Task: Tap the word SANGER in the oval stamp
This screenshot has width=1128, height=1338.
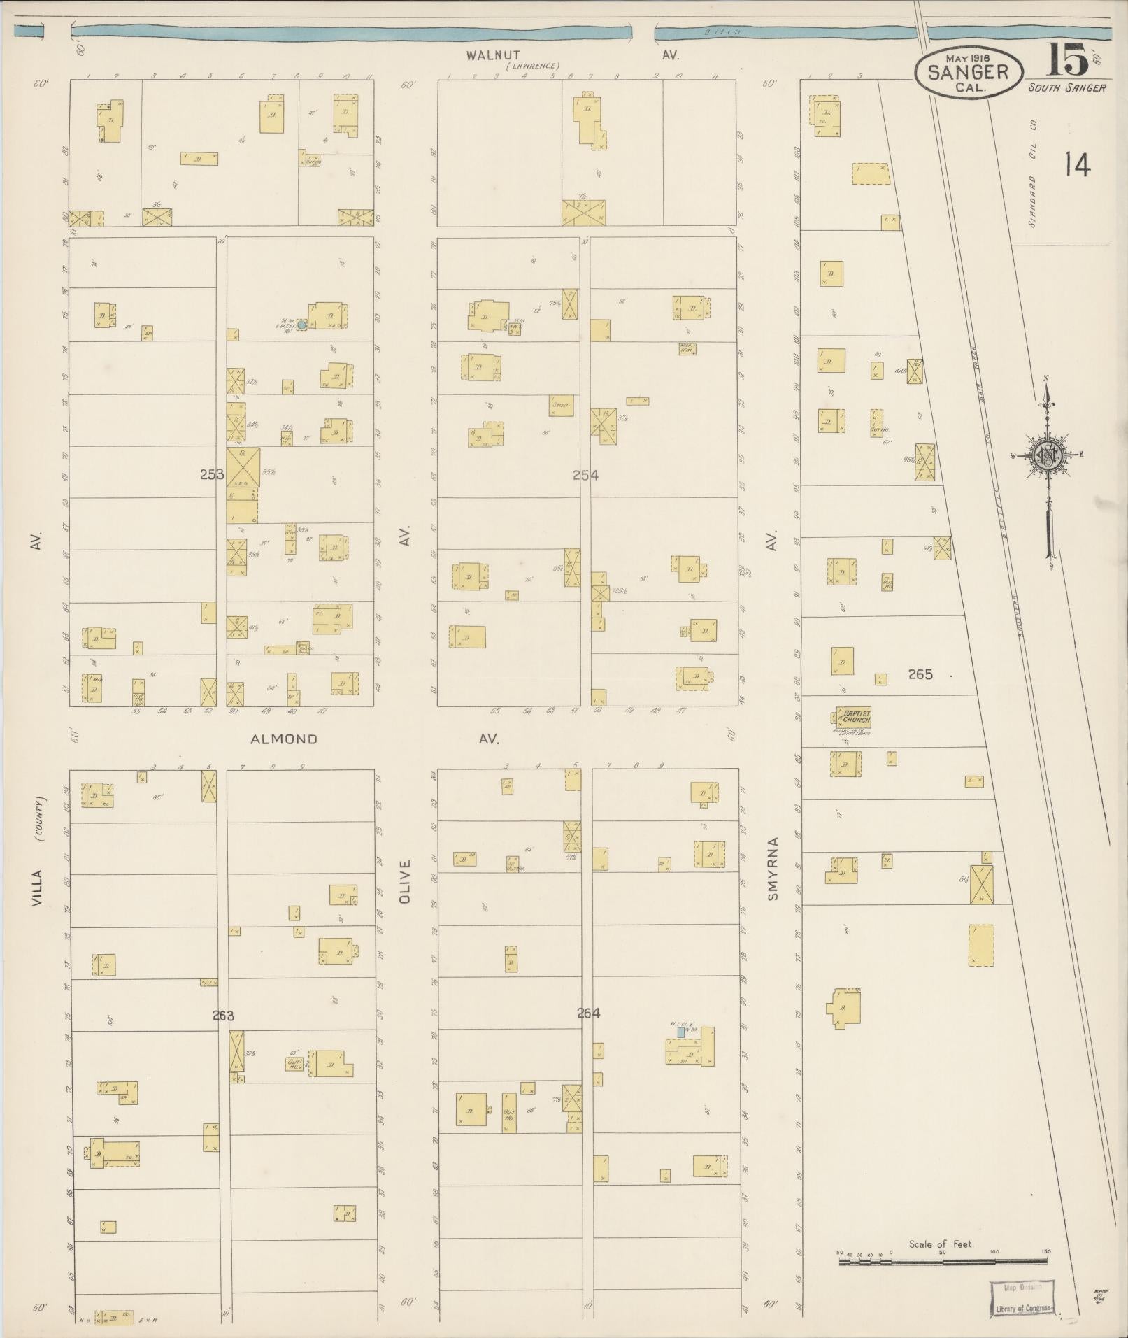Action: point(968,71)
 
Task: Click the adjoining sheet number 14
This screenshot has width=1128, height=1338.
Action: point(1078,166)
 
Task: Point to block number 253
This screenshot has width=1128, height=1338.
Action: point(212,474)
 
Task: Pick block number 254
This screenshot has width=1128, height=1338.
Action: point(585,475)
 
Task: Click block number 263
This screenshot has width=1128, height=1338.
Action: point(223,1016)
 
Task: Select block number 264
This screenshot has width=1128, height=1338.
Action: point(588,1013)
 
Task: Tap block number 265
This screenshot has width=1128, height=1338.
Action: point(920,674)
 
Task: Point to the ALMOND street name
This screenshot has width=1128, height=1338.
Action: point(284,739)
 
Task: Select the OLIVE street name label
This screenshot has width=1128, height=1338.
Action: point(404,882)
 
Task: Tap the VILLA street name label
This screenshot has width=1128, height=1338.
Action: point(37,888)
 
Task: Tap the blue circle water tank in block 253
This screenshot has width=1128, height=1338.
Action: point(301,325)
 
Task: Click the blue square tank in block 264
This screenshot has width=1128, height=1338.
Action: point(680,1032)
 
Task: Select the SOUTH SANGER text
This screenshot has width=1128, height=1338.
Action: point(1066,87)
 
